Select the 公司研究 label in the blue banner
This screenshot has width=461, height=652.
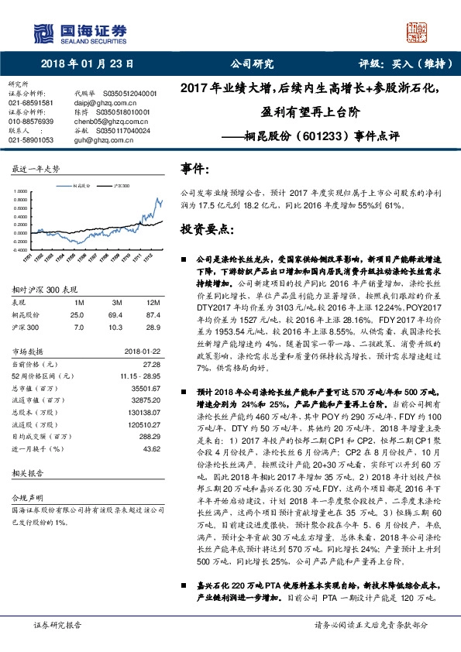coord(253,64)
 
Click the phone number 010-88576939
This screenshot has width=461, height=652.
coord(31,122)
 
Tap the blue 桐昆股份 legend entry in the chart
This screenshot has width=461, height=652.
coord(81,186)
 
